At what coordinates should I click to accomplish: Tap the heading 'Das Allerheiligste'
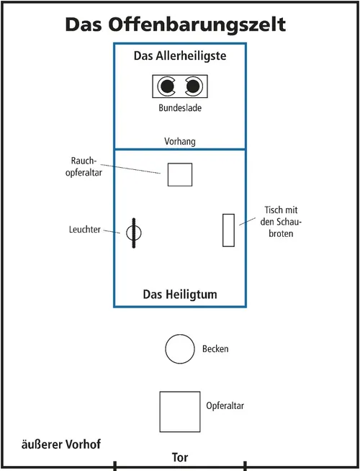point(180,56)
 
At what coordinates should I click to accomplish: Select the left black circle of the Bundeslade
point(168,87)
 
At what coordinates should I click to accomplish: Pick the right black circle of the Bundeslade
point(193,87)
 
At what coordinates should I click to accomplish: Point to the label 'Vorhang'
point(180,141)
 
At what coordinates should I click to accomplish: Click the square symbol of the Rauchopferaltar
point(180,174)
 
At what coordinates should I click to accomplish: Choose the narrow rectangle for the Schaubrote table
point(229,230)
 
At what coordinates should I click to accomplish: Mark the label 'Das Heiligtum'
point(180,295)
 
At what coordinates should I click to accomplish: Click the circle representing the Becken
point(179,349)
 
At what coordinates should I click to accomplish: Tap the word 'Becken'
point(216,349)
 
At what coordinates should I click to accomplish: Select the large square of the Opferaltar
point(179,411)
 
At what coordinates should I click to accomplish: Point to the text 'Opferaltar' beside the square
point(225,406)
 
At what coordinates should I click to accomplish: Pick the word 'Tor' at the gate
point(180,457)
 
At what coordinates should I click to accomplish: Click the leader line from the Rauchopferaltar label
point(136,168)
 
